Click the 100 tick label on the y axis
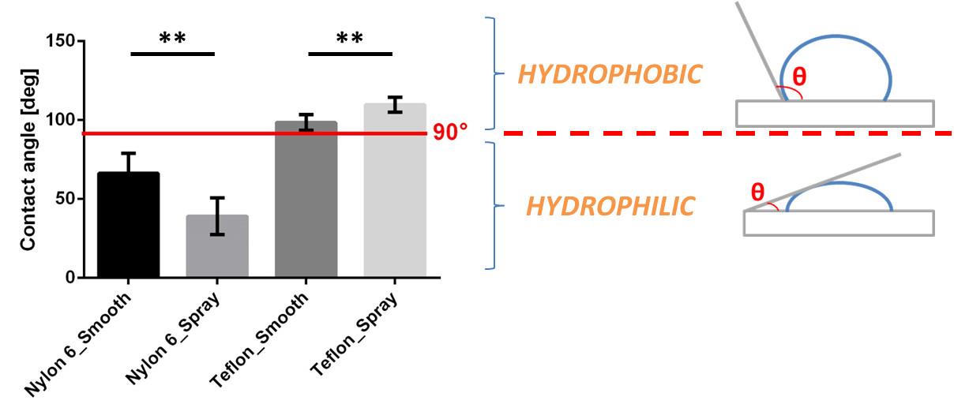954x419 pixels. (63, 120)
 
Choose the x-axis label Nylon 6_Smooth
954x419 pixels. (80, 345)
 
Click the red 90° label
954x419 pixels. (451, 133)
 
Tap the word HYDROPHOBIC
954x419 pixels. (610, 75)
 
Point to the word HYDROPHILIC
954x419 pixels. (610, 207)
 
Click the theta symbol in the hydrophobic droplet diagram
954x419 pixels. (800, 77)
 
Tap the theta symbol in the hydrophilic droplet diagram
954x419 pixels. (757, 191)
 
